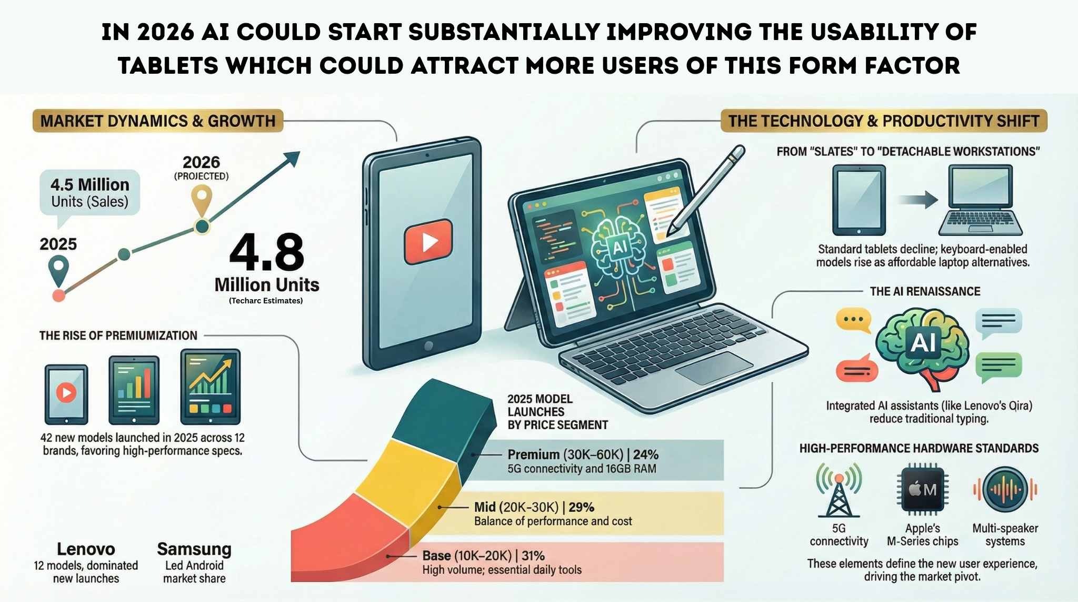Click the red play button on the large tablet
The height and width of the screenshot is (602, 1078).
point(428,242)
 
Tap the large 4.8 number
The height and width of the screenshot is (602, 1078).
point(267,253)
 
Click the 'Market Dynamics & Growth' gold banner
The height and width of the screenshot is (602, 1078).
point(158,121)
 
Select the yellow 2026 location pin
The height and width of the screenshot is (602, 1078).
point(202,201)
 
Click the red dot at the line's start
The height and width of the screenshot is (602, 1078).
point(59,295)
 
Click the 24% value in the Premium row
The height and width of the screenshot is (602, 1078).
point(646,455)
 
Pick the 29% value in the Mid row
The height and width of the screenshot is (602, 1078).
point(582,507)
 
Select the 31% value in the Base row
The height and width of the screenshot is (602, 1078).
point(532,556)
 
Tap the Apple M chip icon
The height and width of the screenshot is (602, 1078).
point(922,490)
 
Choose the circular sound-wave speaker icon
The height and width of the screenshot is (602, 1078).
point(1005,490)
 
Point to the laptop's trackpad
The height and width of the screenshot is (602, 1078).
point(714,368)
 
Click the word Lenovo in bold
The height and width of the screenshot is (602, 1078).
point(86,549)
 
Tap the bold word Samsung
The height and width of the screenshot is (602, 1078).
point(194,549)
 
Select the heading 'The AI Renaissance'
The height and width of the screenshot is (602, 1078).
point(925,291)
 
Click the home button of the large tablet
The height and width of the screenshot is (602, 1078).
point(428,346)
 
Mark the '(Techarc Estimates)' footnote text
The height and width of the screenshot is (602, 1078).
point(266,301)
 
